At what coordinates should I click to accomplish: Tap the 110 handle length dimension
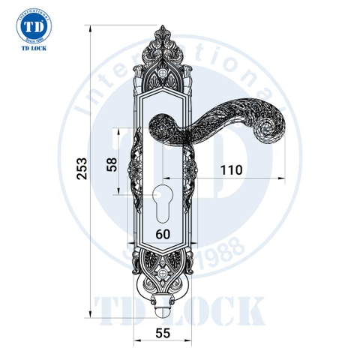231,169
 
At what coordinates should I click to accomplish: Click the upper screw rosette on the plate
164,74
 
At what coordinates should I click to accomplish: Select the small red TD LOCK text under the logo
31,55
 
